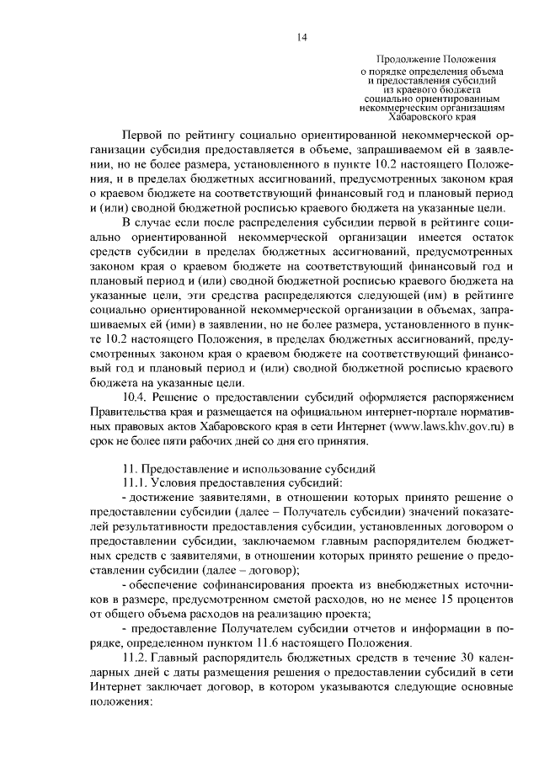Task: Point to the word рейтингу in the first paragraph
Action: (207, 133)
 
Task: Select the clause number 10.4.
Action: (136, 397)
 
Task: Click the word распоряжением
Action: (472, 397)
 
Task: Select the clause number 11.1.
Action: (136, 483)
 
